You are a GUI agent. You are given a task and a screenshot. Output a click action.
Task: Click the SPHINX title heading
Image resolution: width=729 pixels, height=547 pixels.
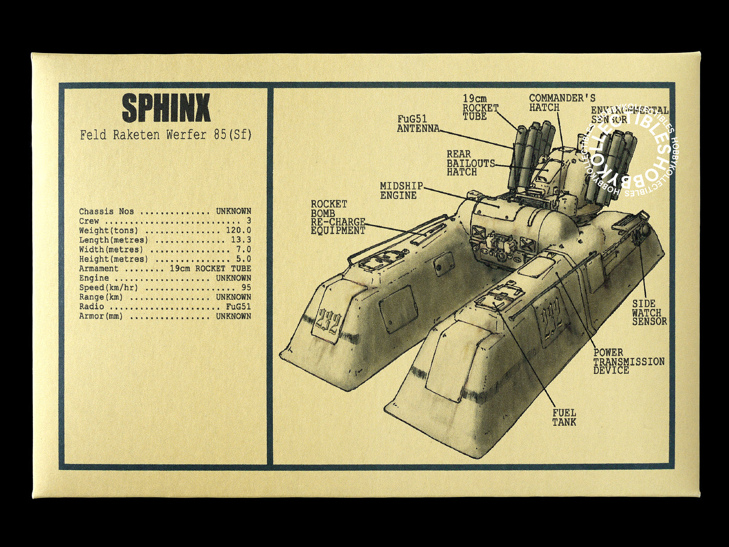[x=166, y=108]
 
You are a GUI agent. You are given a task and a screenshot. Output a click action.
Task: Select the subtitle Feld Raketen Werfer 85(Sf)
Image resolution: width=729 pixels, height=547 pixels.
[x=165, y=135]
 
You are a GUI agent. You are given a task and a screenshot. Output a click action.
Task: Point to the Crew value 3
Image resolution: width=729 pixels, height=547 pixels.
[x=249, y=221]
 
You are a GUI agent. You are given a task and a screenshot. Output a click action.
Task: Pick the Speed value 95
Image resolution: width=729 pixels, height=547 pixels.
[x=246, y=288]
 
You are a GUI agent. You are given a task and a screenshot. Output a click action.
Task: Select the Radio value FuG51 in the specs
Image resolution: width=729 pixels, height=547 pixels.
[x=239, y=307]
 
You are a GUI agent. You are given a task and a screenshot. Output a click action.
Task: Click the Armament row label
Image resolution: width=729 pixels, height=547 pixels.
[x=98, y=269]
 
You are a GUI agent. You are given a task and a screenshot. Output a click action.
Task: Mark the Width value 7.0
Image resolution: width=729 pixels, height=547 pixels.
[x=243, y=250]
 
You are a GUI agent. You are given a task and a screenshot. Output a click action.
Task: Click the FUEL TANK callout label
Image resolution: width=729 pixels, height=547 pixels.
[x=564, y=417]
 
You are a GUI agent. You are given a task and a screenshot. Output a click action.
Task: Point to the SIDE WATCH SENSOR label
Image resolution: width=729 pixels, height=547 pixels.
[x=649, y=312]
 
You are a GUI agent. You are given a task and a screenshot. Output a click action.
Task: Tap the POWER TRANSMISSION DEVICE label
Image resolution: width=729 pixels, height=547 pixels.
[x=629, y=361]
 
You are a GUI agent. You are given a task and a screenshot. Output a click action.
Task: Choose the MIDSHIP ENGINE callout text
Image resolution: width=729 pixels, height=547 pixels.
[x=402, y=191]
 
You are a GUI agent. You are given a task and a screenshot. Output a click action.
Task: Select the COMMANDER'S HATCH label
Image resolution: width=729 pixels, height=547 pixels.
[x=562, y=103]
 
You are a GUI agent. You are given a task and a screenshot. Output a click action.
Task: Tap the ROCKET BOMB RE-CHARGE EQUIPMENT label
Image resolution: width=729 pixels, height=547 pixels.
[x=338, y=217]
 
